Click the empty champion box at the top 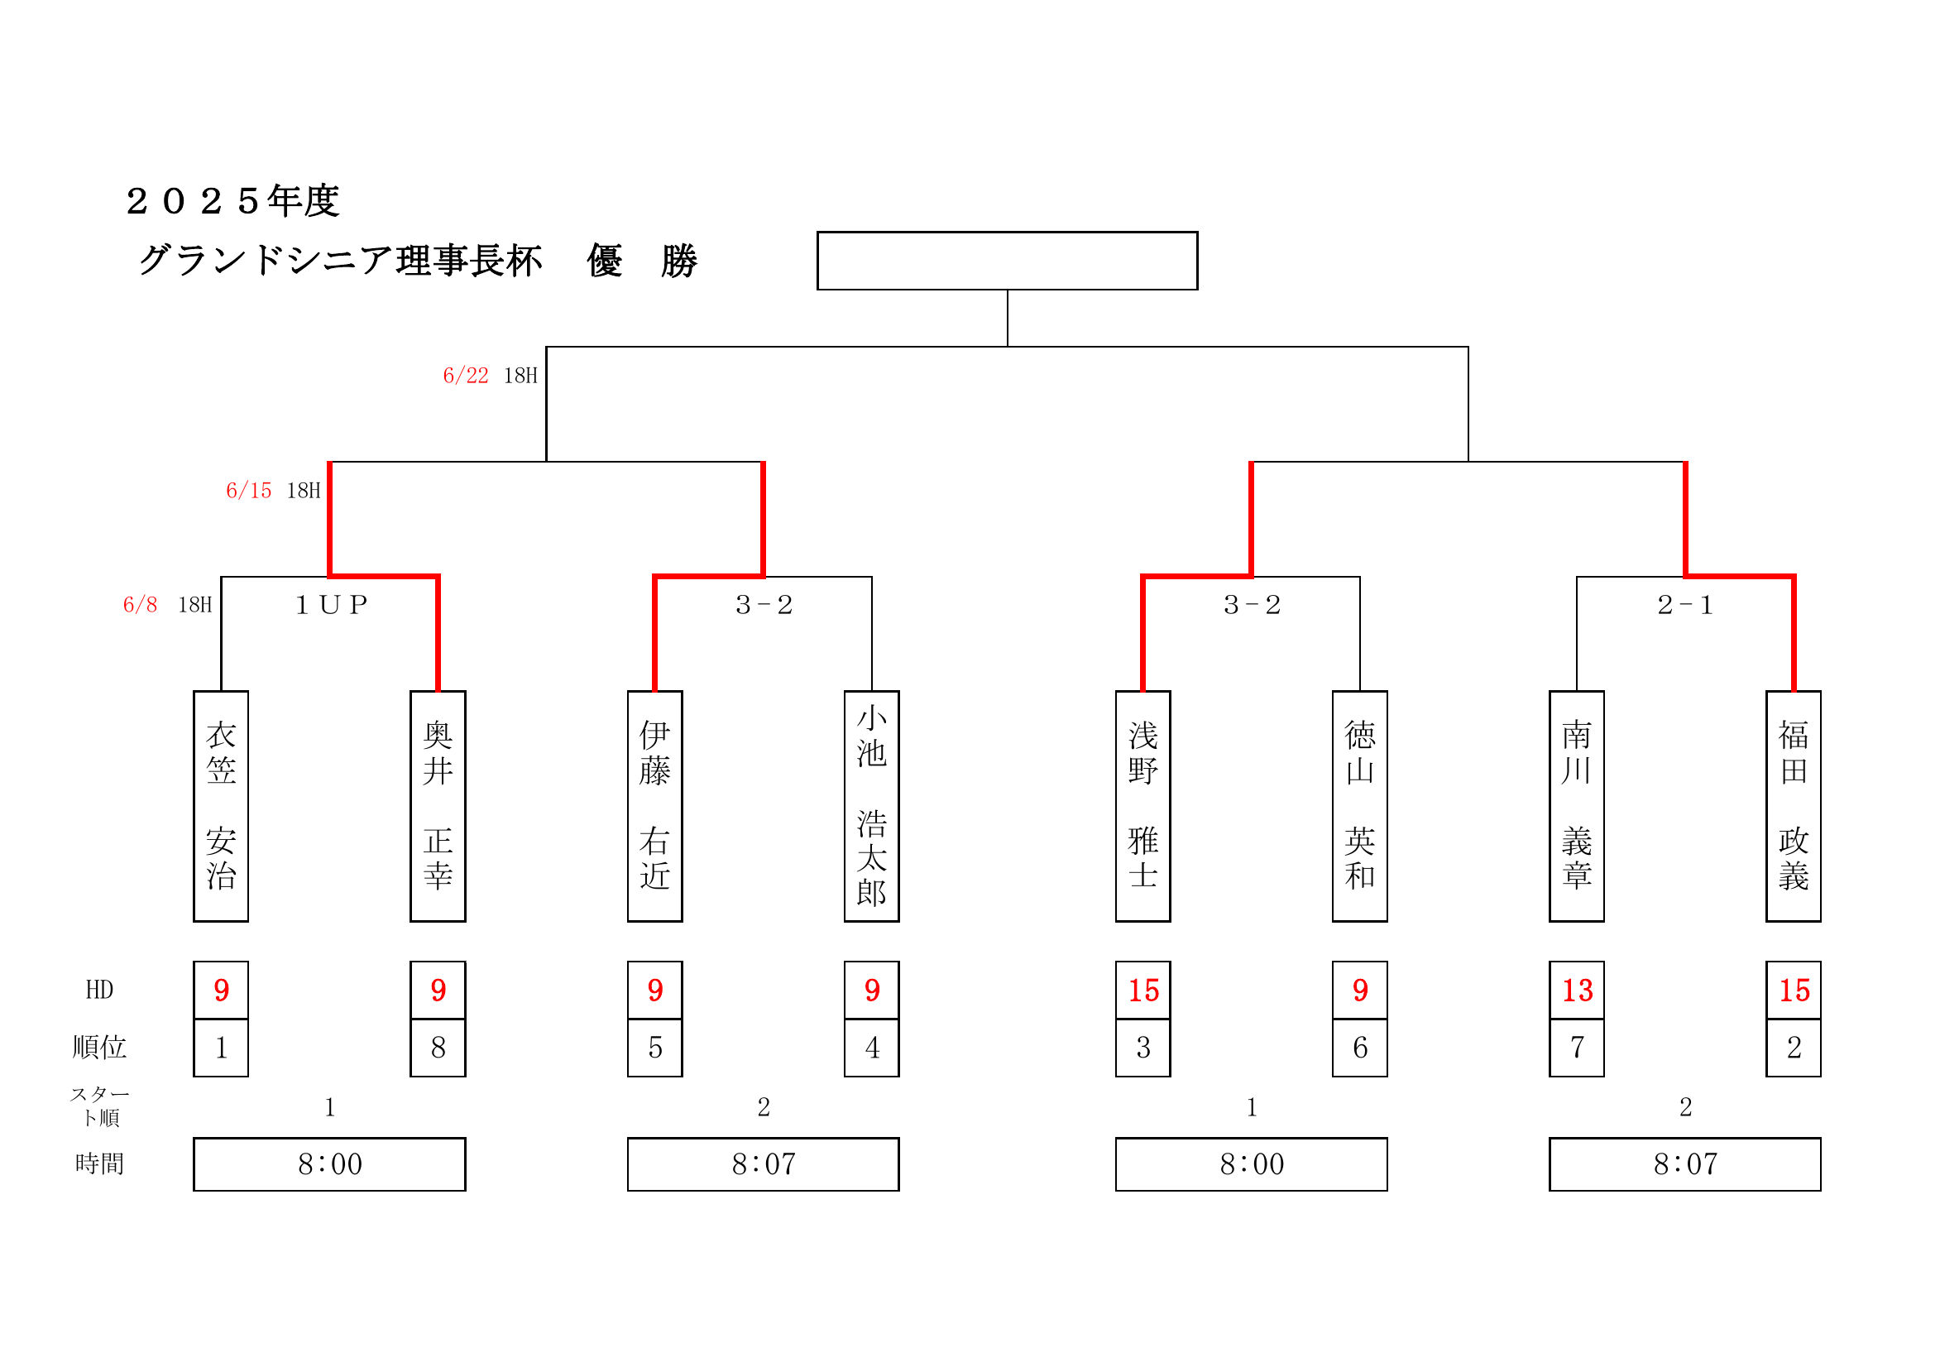tap(1006, 261)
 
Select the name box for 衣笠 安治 tap(221, 806)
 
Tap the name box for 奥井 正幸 tap(438, 806)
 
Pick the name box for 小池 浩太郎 tap(871, 806)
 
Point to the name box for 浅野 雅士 tap(1142, 806)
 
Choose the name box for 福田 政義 tap(1793, 806)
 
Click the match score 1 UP tap(331, 604)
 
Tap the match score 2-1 tap(1685, 604)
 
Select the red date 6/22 tap(466, 376)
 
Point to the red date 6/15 tap(248, 491)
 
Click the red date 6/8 tap(141, 604)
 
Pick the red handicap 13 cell tap(1577, 990)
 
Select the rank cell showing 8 tap(438, 1048)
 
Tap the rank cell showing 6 tap(1359, 1048)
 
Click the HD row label tap(98, 990)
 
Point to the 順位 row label tap(98, 1048)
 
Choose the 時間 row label tap(98, 1164)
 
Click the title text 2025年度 tap(232, 201)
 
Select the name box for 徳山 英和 tap(1359, 806)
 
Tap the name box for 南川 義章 tap(1577, 806)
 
